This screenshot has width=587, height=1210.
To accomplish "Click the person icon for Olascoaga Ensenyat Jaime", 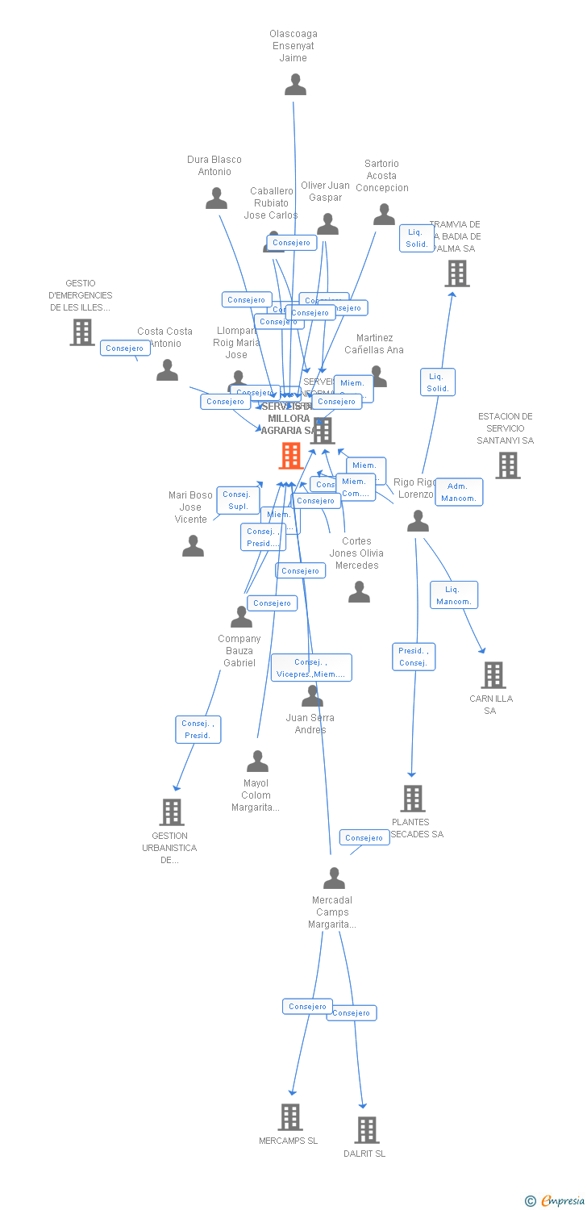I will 296,85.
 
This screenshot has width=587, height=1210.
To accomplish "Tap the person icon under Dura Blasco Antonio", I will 216,198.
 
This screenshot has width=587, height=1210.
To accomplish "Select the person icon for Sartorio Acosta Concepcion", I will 384,215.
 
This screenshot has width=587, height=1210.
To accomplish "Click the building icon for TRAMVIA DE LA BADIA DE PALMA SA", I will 457,273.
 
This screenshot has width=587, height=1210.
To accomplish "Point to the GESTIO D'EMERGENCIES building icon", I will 81,332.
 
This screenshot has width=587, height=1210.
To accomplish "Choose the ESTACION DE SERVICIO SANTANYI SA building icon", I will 507,465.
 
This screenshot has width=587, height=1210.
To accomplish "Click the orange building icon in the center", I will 290,456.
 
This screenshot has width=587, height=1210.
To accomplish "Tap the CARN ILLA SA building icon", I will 493,675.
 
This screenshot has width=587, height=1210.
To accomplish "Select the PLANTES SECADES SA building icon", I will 413,799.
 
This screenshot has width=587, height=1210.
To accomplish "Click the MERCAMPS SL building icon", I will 290,1117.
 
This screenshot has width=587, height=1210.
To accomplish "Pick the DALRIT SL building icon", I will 366,1130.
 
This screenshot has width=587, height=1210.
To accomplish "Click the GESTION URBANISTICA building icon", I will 171,812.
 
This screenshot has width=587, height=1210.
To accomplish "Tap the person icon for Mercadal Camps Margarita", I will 334,878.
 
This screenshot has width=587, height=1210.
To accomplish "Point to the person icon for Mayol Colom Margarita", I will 257,761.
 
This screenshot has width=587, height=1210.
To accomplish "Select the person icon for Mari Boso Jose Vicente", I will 193,546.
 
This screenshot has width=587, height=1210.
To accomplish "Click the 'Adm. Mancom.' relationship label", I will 459,492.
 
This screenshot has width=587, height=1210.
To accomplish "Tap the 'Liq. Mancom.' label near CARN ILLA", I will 454,595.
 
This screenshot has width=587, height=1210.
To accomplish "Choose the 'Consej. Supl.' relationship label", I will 237,500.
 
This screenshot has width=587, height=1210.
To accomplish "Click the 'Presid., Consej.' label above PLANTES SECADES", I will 414,657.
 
